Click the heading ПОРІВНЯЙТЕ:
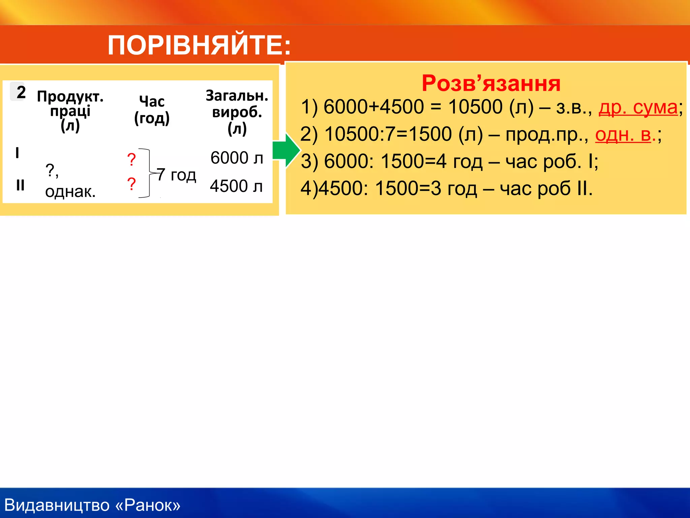199,45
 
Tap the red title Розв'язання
491,83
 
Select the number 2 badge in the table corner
21,92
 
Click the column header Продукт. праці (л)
70,111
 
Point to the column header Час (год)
152,110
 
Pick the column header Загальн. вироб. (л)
237,112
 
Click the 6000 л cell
237,158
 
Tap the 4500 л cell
236,186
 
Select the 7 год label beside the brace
177,175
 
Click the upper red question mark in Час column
131,159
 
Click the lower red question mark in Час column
131,184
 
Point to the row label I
17,153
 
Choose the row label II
20,185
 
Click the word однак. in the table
70,192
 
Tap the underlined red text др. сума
638,108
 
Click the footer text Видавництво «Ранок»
92,505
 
